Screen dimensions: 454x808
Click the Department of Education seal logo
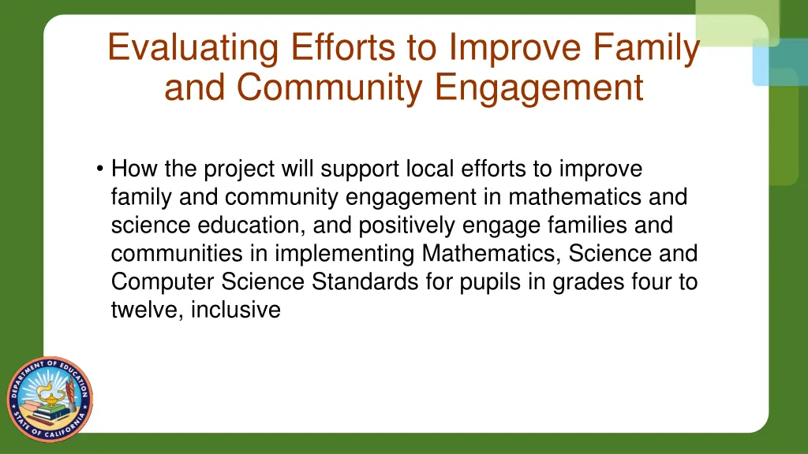pos(50,399)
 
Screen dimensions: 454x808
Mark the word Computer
pos(163,281)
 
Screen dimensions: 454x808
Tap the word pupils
pos(492,281)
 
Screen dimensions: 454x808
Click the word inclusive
pos(236,310)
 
